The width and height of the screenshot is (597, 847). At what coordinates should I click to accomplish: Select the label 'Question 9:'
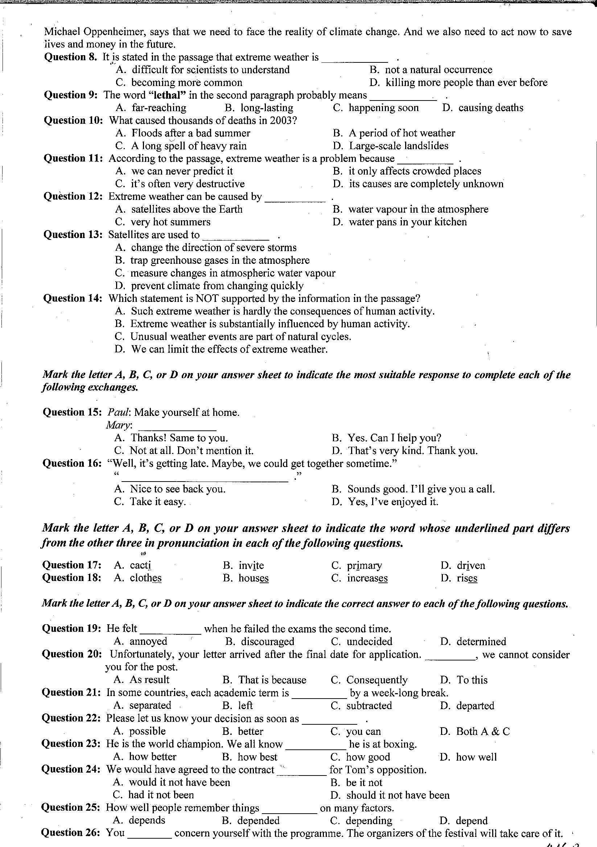[x=70, y=95]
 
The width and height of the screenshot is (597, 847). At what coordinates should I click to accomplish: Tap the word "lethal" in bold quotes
[x=166, y=95]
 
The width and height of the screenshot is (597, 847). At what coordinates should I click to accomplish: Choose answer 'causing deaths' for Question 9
[x=490, y=108]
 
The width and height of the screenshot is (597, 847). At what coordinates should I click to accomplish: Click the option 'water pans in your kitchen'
[x=407, y=222]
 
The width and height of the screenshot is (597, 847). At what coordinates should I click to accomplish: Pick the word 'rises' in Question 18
[x=467, y=578]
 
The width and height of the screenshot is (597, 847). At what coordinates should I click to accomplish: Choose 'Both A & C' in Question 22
[x=483, y=731]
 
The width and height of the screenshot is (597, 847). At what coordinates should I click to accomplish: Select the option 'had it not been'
[x=161, y=795]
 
